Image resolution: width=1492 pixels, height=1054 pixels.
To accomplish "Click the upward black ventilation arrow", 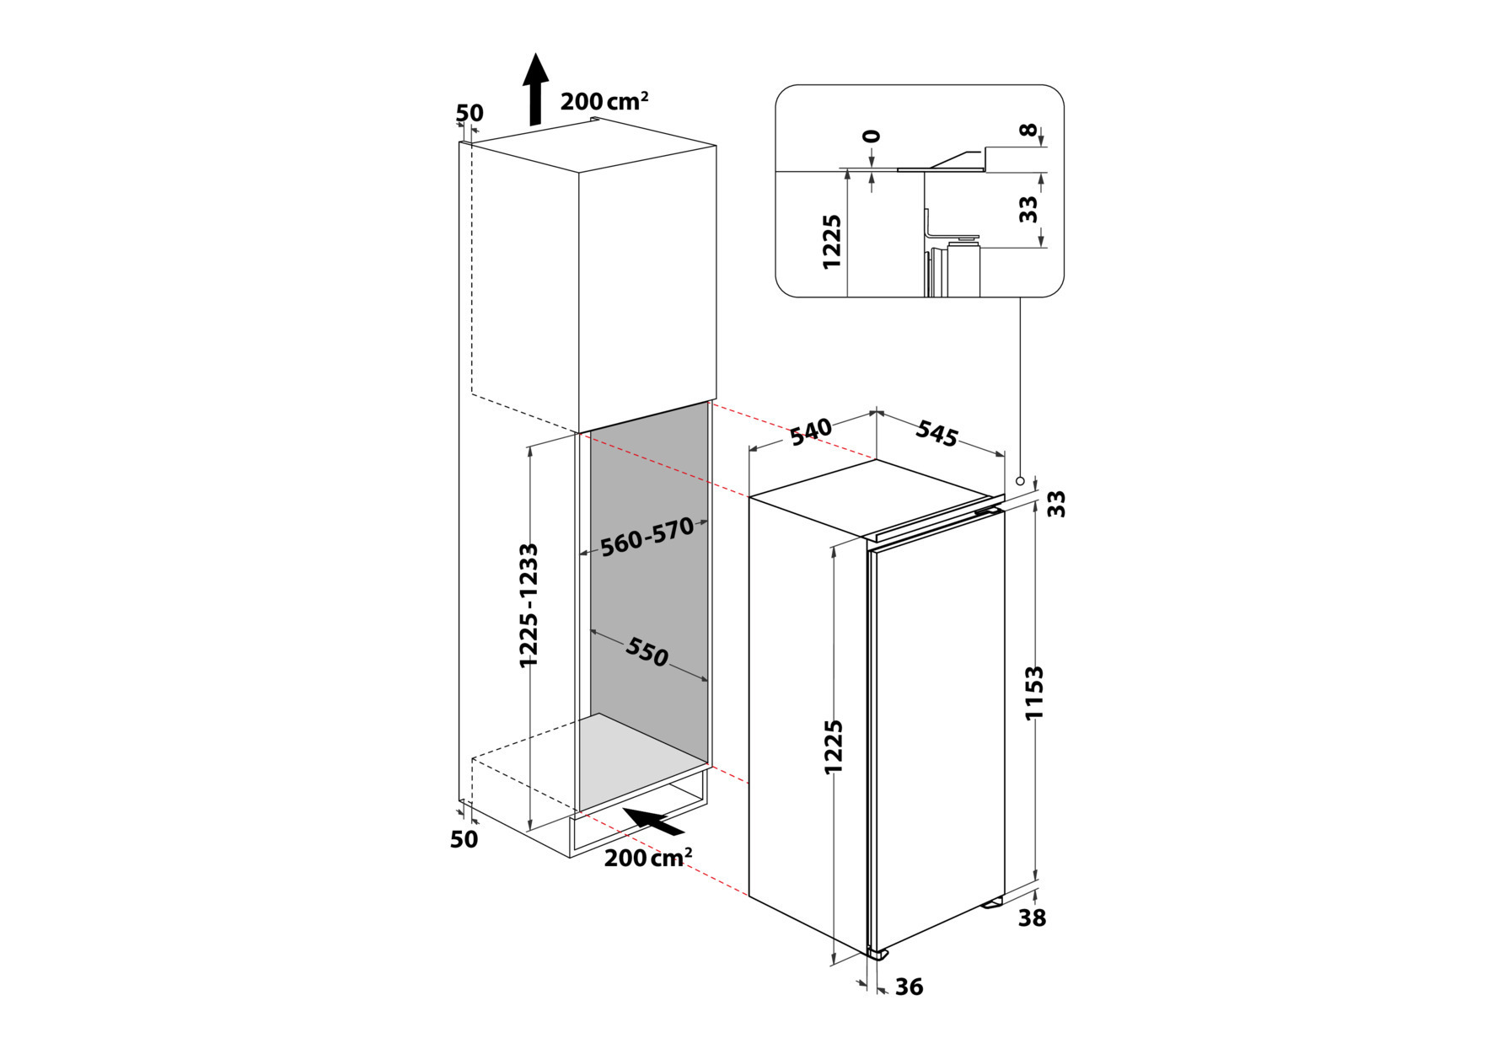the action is (535, 89).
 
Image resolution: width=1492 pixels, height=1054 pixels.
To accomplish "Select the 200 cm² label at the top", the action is (604, 101).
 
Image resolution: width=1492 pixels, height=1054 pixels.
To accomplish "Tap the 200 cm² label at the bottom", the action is (648, 858).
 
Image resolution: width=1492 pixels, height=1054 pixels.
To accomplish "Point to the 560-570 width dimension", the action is (647, 537).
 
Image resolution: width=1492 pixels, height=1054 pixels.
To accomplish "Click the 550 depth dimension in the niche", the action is (647, 651).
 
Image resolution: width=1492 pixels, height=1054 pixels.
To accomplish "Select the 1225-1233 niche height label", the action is (529, 606).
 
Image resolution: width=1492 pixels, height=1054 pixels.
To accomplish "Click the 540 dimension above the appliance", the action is (811, 431).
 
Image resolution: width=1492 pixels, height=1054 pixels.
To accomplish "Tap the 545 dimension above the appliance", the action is (937, 433).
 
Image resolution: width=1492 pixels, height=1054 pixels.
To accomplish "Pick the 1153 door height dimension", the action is (1034, 693).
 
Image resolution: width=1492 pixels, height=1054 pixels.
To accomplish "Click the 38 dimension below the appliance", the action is (1032, 918).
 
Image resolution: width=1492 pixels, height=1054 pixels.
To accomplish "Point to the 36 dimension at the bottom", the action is (909, 987).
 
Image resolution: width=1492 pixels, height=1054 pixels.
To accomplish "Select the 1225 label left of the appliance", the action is (834, 747).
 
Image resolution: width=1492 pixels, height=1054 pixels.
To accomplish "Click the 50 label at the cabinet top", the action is (470, 113).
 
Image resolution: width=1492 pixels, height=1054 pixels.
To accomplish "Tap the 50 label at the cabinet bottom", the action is (464, 839).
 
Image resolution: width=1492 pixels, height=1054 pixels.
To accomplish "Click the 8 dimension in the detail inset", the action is (1028, 131).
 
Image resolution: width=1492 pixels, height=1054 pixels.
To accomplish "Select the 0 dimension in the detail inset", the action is (872, 136).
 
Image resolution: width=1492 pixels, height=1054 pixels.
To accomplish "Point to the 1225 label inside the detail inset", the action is (832, 242).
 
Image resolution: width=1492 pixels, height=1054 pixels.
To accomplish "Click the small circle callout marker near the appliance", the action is (1020, 481).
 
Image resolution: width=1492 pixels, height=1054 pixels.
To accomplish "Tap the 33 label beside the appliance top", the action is (1056, 504).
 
